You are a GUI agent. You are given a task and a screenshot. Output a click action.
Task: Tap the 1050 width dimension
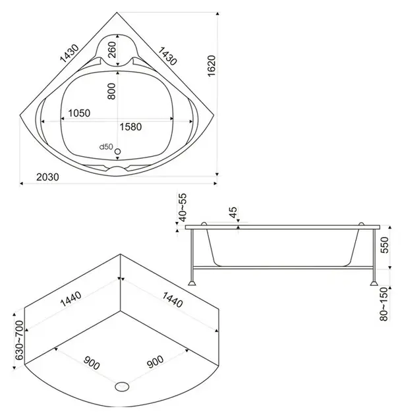click(x=76, y=113)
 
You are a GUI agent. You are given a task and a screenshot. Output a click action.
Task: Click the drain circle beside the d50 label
click(x=118, y=152)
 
